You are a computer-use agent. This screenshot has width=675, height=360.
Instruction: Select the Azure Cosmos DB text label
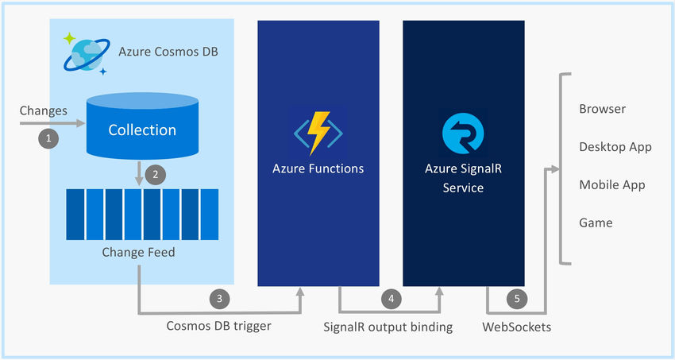click(168, 52)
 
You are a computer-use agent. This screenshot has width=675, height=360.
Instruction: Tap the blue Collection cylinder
click(142, 129)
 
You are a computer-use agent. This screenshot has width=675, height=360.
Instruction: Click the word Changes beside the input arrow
click(44, 110)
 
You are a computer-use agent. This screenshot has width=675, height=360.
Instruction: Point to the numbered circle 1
click(49, 138)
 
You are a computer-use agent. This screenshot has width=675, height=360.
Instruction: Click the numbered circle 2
click(156, 173)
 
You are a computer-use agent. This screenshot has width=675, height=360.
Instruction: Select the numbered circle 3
click(220, 299)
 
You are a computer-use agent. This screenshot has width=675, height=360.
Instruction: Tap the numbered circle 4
click(390, 299)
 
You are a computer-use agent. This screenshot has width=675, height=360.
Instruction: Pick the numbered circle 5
click(517, 299)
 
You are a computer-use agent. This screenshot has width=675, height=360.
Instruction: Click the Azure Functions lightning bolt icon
click(318, 132)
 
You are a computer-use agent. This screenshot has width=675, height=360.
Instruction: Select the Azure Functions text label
click(318, 168)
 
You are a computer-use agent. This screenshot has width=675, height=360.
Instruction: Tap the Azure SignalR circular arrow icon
click(462, 132)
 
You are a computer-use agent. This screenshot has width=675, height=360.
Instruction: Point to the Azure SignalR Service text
click(462, 178)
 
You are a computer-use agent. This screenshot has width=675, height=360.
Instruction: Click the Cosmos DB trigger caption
click(218, 326)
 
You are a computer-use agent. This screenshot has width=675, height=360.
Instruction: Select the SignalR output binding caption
click(388, 326)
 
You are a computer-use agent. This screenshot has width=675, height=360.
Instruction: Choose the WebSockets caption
click(516, 326)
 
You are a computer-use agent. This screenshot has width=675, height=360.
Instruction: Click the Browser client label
click(602, 110)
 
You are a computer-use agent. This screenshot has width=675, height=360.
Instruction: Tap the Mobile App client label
click(611, 185)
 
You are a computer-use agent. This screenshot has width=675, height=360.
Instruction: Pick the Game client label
click(596, 223)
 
